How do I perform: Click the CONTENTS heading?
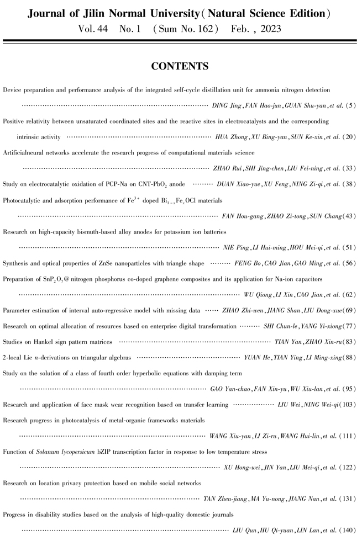[180, 67]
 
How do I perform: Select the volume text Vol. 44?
[95, 28]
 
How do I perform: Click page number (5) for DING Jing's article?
[350, 104]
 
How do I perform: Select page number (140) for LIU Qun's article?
[347, 531]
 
